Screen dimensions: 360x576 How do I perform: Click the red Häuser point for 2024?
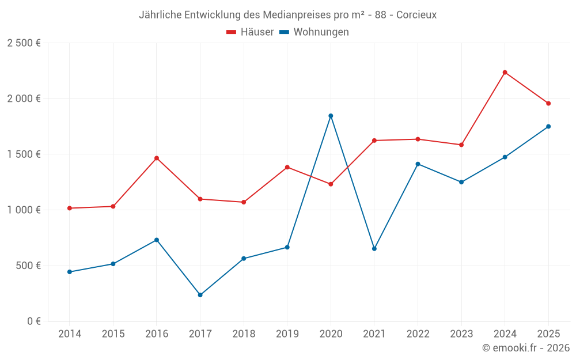coord(505,73)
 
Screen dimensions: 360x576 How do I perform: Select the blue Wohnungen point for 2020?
coord(331,116)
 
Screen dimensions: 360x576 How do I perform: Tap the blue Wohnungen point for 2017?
coord(200,295)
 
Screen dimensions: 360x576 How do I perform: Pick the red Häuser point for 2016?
coord(157,158)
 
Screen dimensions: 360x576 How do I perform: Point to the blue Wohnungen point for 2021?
coord(374,249)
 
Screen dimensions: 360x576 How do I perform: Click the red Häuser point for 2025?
coord(548,104)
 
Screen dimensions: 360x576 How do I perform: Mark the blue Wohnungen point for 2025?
coord(548,127)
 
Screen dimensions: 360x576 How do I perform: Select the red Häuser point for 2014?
coord(70,208)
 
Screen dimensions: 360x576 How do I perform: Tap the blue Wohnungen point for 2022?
coord(418,164)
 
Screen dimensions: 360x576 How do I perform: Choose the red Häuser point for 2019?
coord(287,167)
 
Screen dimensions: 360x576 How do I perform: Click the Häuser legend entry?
coord(250,32)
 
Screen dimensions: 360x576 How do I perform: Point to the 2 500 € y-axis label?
coord(24,43)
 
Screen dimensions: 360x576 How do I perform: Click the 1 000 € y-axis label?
coord(24,210)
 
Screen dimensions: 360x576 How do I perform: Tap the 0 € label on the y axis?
coord(33,321)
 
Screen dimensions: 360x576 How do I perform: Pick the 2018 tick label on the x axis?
coord(244,334)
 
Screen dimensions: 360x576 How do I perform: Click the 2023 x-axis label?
coord(461,334)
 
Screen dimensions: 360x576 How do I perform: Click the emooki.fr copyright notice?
coord(525,348)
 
